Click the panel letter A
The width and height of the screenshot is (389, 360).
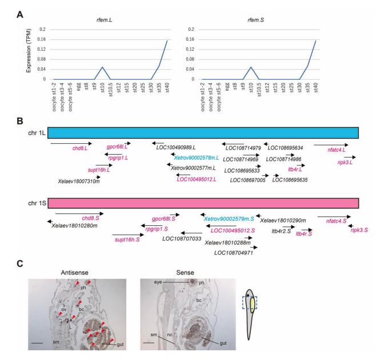pyautogui.click(x=20, y=15)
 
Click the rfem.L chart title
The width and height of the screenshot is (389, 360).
pyautogui.click(x=104, y=20)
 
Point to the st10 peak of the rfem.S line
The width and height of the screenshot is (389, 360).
pyautogui.click(x=251, y=67)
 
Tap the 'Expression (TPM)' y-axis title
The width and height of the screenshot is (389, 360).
pyautogui.click(x=29, y=51)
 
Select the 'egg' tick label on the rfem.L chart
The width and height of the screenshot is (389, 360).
pyautogui.click(x=78, y=87)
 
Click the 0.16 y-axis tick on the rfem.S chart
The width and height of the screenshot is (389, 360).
pyautogui.click(x=191, y=39)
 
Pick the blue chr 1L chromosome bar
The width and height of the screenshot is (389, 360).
pyautogui.click(x=203, y=132)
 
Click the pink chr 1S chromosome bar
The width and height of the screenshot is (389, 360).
pyautogui.click(x=203, y=203)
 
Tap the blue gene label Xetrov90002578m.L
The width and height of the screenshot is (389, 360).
pyautogui.click(x=196, y=157)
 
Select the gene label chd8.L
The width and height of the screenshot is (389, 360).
pyautogui.click(x=80, y=148)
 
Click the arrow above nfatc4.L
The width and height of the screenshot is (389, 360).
pyautogui.click(x=331, y=145)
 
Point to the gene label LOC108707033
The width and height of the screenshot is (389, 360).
pyautogui.click(x=182, y=239)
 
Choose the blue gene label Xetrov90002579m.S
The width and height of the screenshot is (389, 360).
pyautogui.click(x=229, y=219)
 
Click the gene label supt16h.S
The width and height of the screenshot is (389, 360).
pyautogui.click(x=127, y=240)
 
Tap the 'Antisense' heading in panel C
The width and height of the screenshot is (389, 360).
pyautogui.click(x=74, y=273)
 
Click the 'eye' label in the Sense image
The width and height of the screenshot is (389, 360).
pyautogui.click(x=158, y=282)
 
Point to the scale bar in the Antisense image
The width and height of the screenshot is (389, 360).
pyautogui.click(x=37, y=343)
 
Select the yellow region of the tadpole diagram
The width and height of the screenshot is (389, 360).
pyautogui.click(x=252, y=305)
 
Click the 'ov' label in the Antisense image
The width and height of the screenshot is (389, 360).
pyautogui.click(x=64, y=309)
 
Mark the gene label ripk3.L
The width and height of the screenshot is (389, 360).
pyautogui.click(x=345, y=163)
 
